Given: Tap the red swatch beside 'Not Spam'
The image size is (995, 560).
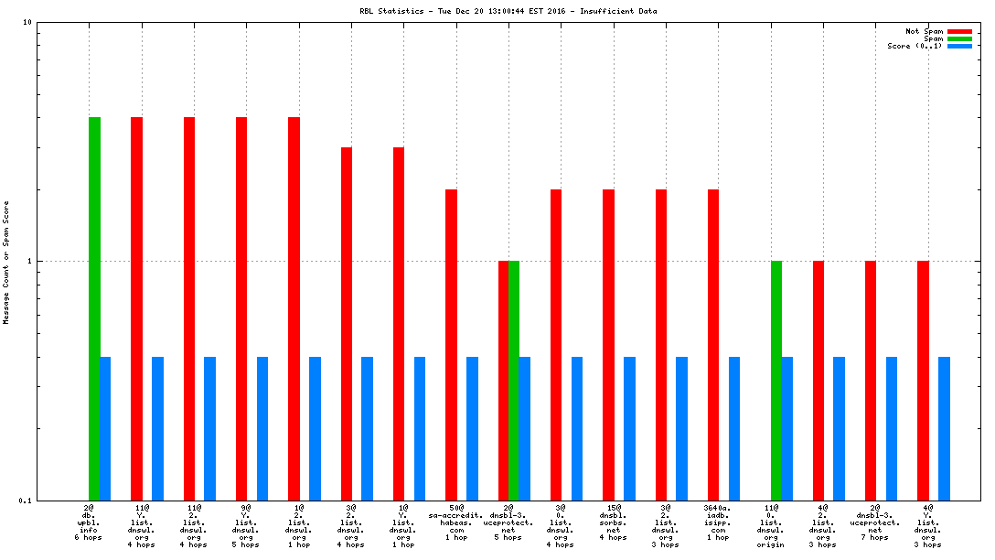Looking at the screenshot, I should point(959,31).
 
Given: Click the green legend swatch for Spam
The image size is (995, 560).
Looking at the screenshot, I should point(959,38).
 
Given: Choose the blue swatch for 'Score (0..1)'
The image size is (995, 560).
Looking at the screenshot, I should point(959,46).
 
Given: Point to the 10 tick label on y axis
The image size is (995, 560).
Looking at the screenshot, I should point(27,22).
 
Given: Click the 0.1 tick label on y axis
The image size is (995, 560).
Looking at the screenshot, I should point(26,501).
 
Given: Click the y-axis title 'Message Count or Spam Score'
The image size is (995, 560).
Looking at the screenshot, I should point(6,262).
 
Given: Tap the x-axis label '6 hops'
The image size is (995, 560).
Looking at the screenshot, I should point(89,537).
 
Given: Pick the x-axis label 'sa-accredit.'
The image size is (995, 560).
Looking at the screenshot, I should point(455,515).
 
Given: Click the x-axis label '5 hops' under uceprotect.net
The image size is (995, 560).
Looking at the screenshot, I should point(508,537).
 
